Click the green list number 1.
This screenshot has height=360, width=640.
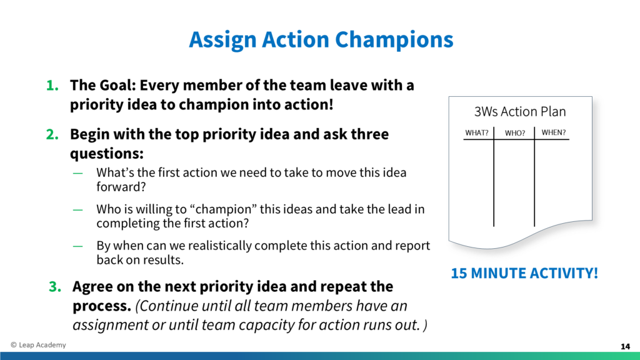coord(52,85)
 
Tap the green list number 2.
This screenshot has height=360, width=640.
coord(52,134)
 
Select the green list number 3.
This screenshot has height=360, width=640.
coord(55,286)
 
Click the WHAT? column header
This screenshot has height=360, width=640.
coord(477,132)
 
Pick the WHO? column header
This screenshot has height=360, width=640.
coord(515,133)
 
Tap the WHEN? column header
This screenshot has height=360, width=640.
coord(554,132)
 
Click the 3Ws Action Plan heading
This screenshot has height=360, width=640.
coord(520,111)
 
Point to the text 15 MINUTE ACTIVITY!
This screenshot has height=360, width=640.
coord(524,273)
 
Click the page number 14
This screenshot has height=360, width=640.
coord(625,346)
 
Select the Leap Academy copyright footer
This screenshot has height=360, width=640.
coord(38,345)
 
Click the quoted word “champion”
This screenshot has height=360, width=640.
coord(223,209)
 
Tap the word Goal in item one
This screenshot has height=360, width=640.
coord(119,85)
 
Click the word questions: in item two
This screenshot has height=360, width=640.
coord(107,154)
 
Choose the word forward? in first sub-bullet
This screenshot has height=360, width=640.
coord(121,186)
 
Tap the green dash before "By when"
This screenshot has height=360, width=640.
coord(77,246)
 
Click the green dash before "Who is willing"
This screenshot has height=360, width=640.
coord(77,210)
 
